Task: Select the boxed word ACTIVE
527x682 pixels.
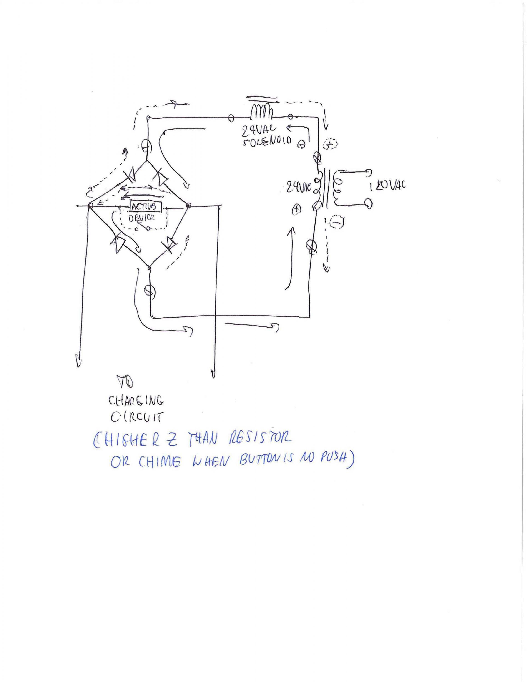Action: (x=146, y=206)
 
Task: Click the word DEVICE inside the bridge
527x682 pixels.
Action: (x=141, y=218)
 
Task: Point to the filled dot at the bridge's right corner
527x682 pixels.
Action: (x=188, y=206)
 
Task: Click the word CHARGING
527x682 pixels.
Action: (x=136, y=401)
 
